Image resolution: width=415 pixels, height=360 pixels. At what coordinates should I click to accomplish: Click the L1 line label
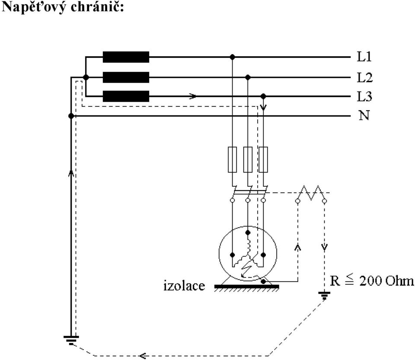point(364,57)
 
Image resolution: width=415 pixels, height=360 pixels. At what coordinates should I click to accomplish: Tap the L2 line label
point(365,77)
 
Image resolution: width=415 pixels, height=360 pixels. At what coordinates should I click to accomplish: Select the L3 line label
point(365,96)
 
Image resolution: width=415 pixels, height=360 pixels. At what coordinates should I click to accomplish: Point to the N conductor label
point(364,115)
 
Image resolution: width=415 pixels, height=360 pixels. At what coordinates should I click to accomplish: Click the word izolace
point(184,286)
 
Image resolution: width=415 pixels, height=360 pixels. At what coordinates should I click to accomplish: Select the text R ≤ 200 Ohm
point(372,280)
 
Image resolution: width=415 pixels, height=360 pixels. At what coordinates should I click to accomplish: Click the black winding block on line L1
point(126,57)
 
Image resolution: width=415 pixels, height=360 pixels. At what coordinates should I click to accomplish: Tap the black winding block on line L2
point(126,77)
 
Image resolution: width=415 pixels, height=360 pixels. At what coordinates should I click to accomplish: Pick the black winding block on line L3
point(126,96)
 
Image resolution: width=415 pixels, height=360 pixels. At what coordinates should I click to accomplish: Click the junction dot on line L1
point(233,57)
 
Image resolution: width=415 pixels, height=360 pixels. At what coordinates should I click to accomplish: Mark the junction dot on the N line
point(71,116)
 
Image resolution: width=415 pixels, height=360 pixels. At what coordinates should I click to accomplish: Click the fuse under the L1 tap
point(233,159)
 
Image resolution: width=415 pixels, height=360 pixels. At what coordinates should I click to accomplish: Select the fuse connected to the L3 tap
point(263,159)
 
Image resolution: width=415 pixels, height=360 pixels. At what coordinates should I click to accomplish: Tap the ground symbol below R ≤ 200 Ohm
point(324,296)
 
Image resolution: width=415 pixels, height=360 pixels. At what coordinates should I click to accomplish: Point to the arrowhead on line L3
point(193,96)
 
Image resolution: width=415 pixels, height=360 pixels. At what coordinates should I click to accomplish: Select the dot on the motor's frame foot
point(263,282)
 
